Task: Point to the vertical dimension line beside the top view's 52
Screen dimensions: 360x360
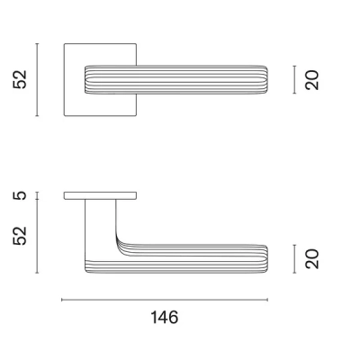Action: pyautogui.click(x=37, y=79)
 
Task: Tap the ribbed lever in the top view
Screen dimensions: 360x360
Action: pyautogui.click(x=180, y=79)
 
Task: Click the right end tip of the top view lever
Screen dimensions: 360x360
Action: pyautogui.click(x=266, y=79)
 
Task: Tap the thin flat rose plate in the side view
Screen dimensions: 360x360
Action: pyautogui.click(x=100, y=195)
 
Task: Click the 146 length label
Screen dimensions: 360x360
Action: pyautogui.click(x=165, y=318)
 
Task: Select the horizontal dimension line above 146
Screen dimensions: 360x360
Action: pyautogui.click(x=165, y=299)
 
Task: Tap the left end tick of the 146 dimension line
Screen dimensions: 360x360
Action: pyautogui.click(x=61, y=299)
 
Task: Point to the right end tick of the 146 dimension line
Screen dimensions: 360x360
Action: pyautogui.click(x=268, y=299)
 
